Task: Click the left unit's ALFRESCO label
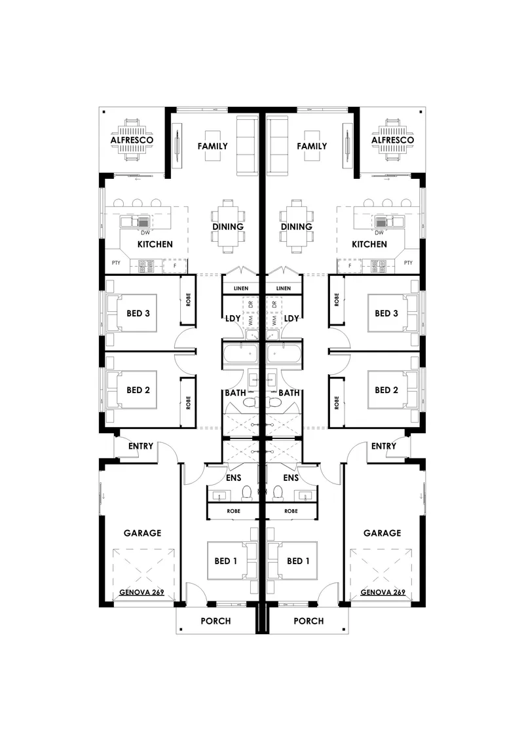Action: click(x=132, y=140)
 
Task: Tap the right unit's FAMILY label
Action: click(x=312, y=146)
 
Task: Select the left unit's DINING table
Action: click(x=228, y=227)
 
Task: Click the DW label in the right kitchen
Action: click(x=379, y=233)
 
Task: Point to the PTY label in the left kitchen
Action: click(x=116, y=263)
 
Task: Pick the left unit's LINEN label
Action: click(x=241, y=288)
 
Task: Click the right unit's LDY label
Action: click(x=291, y=318)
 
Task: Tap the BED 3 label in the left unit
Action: click(x=138, y=313)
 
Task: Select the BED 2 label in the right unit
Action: click(x=386, y=390)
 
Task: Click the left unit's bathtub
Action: click(x=240, y=354)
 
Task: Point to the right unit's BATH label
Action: click(x=289, y=392)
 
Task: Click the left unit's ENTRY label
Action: click(x=141, y=446)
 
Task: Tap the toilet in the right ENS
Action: click(x=278, y=494)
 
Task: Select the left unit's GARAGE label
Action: click(x=142, y=533)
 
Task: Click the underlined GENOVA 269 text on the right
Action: click(x=383, y=592)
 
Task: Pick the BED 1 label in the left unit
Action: click(x=226, y=561)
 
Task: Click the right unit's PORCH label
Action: click(x=309, y=621)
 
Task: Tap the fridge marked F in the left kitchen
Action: click(x=175, y=266)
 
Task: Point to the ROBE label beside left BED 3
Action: click(x=188, y=299)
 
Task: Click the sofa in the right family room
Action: click(x=278, y=146)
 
